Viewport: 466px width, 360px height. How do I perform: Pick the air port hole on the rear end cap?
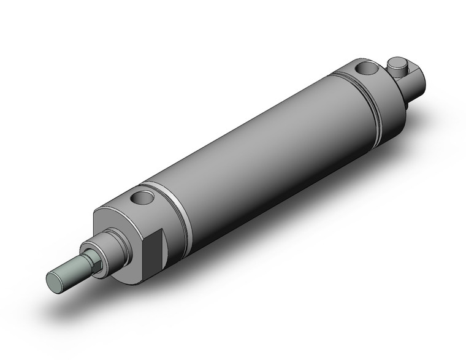(x=365, y=67)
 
